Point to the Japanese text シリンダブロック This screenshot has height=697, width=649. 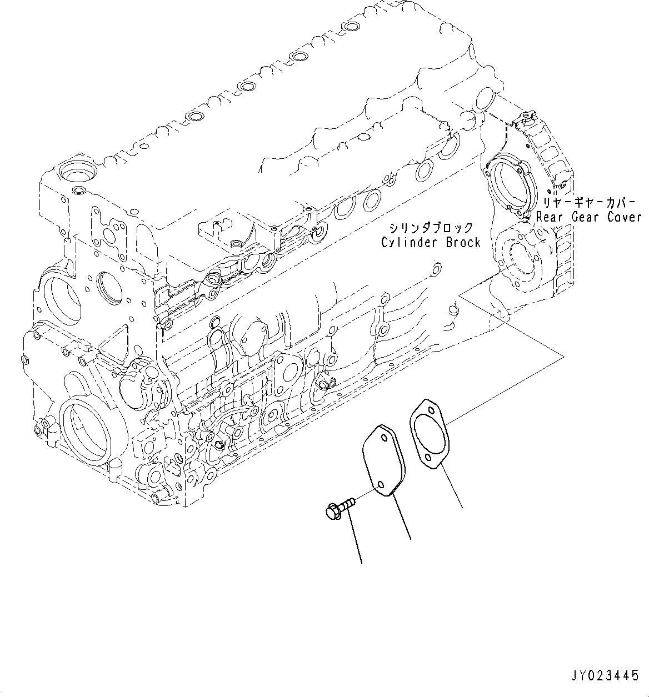click(431, 228)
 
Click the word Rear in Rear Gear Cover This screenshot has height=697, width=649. click(550, 217)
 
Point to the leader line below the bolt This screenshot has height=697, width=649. click(355, 539)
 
